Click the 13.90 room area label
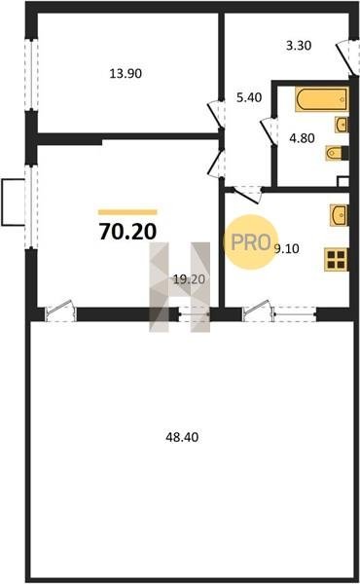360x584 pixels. pos(126,73)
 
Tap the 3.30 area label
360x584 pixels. pos(299,46)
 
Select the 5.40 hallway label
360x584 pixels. pos(249,97)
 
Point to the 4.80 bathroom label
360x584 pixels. pos(302,138)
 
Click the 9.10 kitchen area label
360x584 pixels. pos(287,248)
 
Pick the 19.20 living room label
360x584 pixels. pos(189,279)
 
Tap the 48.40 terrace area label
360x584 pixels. pos(182,437)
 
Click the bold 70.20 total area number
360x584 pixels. pos(127,232)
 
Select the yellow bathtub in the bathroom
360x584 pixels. pos(322,99)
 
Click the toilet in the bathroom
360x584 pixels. pos(337,153)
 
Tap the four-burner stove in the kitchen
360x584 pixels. pos(337,260)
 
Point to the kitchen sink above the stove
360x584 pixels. pos(340,215)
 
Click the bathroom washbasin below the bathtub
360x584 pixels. pos(342,124)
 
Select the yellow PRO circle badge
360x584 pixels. pos(251,242)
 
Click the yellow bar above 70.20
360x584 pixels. pos(127,212)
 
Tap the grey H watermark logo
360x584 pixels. pos(179,287)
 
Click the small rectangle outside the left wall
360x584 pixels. pos(13,202)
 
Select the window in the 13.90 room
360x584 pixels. pos(32,74)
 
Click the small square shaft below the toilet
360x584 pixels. pos(343,182)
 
